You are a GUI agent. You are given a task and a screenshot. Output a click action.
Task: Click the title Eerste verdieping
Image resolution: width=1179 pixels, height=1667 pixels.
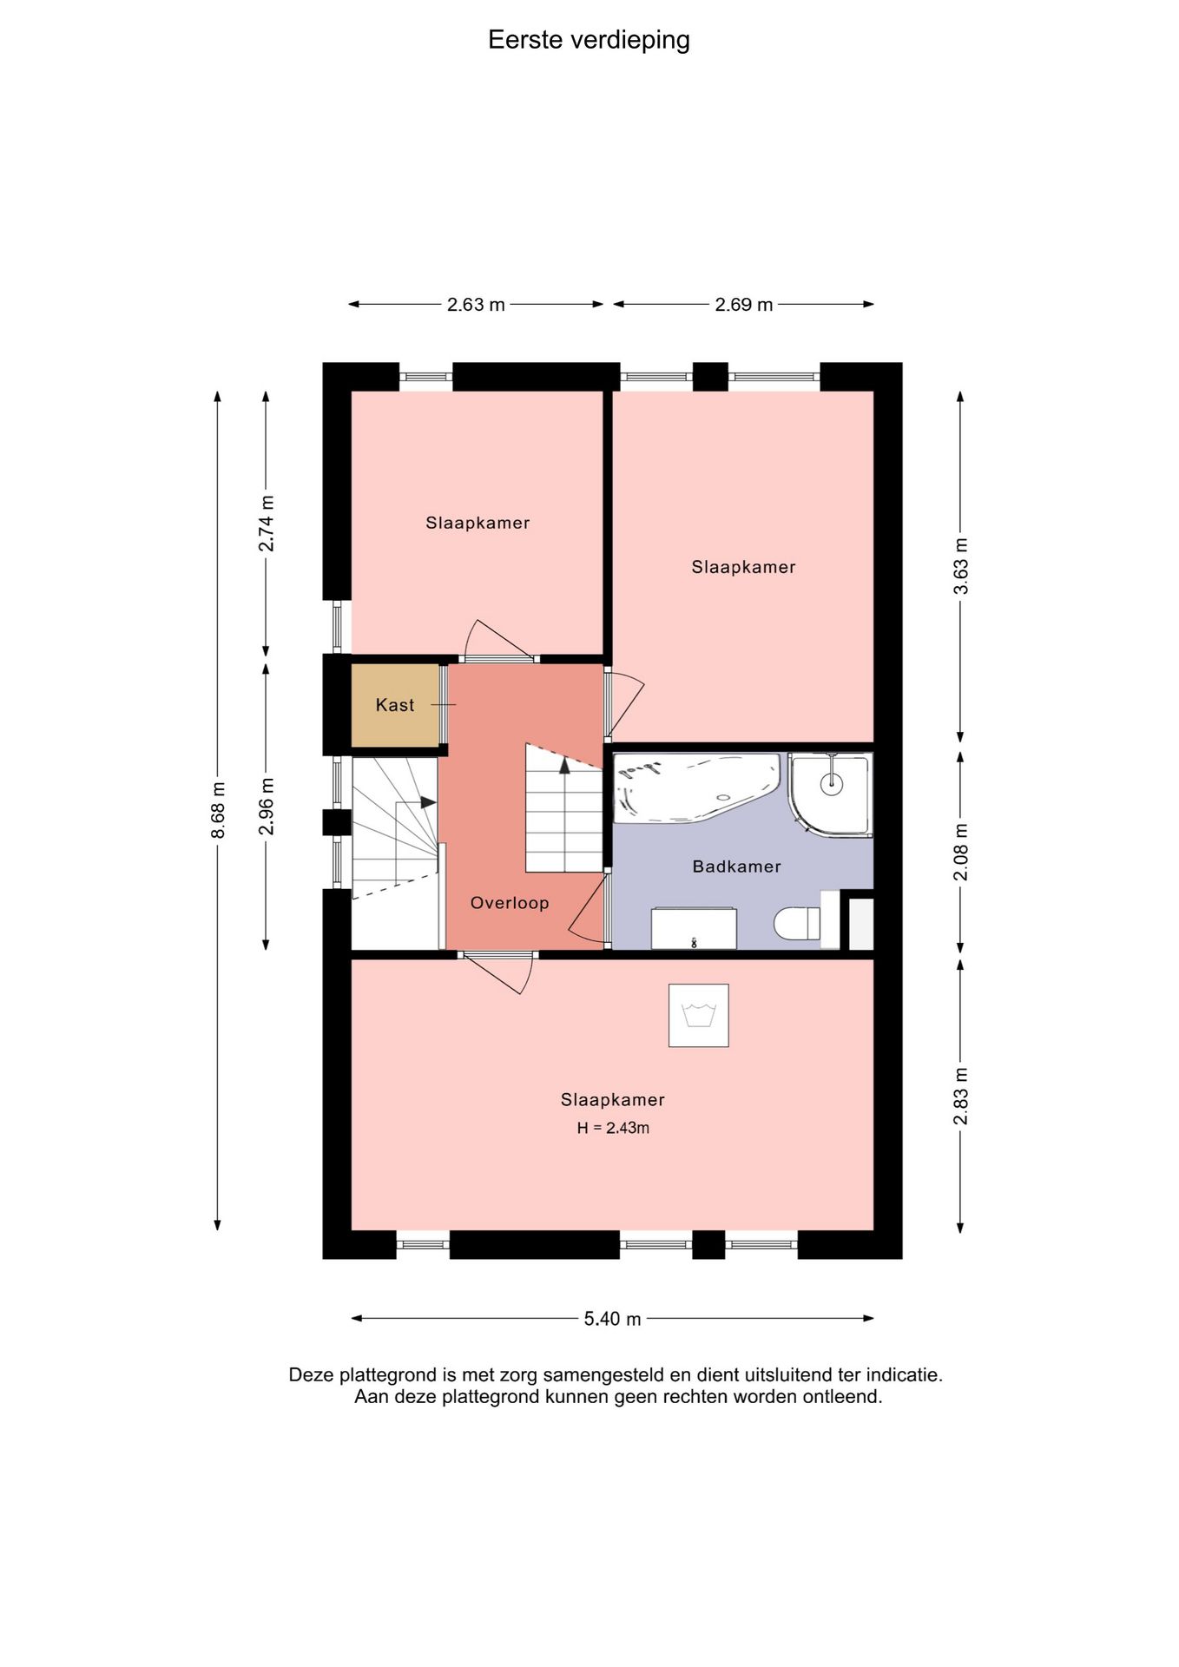[x=589, y=40]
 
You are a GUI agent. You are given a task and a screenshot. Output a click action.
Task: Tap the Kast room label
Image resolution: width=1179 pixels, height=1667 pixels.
[x=395, y=705]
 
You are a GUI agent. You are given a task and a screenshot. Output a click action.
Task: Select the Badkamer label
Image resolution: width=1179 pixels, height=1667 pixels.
[x=736, y=866]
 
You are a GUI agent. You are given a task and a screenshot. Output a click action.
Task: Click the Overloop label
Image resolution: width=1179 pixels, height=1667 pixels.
[x=510, y=903]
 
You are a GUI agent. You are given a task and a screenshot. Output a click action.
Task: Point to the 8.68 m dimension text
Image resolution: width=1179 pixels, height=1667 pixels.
[x=218, y=810]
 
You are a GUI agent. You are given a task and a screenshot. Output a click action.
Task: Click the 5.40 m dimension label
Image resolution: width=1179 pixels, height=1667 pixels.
[x=612, y=1319]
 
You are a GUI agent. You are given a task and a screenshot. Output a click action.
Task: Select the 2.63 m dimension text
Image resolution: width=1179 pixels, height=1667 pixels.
[x=476, y=305]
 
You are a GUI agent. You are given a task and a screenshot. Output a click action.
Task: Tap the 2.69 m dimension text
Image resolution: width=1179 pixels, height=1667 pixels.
[x=744, y=305]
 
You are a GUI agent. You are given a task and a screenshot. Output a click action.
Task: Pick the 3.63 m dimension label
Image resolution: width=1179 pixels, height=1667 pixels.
[x=961, y=566]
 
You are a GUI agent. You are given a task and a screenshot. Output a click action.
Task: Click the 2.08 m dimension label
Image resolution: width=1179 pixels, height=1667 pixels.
[x=961, y=852]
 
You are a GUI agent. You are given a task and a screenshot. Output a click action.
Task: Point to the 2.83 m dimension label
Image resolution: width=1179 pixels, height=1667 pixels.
[x=961, y=1096]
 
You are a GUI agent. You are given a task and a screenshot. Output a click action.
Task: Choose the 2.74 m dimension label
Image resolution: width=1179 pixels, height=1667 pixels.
[x=267, y=524]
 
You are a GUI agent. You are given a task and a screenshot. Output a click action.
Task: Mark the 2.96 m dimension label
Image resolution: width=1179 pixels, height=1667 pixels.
[x=267, y=807]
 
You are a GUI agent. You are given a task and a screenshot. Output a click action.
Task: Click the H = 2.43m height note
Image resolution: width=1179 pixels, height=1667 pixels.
[x=613, y=1128]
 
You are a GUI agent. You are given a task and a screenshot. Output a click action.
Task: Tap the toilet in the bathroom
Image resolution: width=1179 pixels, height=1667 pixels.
[x=797, y=923]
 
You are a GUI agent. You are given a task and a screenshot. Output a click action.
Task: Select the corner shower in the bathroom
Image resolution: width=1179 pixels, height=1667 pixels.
[x=830, y=794]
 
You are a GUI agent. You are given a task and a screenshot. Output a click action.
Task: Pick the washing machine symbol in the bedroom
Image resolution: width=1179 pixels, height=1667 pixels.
[x=698, y=1015]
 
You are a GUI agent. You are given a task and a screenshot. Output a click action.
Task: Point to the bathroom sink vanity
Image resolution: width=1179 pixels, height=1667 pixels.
[x=694, y=929]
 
